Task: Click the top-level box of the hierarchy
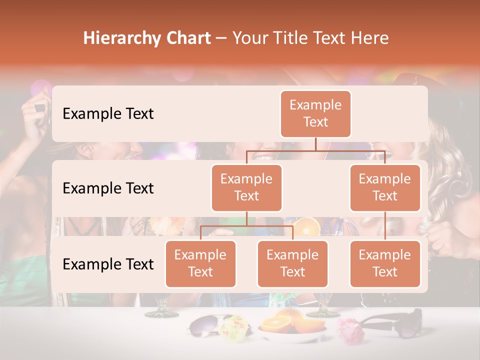click(x=315, y=113)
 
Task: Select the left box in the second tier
click(x=246, y=187)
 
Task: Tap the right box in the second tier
click(x=385, y=187)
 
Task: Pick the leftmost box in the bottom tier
click(x=200, y=263)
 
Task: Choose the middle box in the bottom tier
click(x=292, y=263)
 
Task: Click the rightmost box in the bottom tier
click(x=385, y=263)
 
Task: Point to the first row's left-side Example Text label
click(x=108, y=113)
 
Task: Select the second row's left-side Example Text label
click(x=108, y=188)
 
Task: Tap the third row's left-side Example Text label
click(x=108, y=264)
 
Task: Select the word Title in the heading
click(x=288, y=38)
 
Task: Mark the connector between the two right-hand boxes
click(x=385, y=225)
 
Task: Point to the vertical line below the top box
click(x=315, y=144)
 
